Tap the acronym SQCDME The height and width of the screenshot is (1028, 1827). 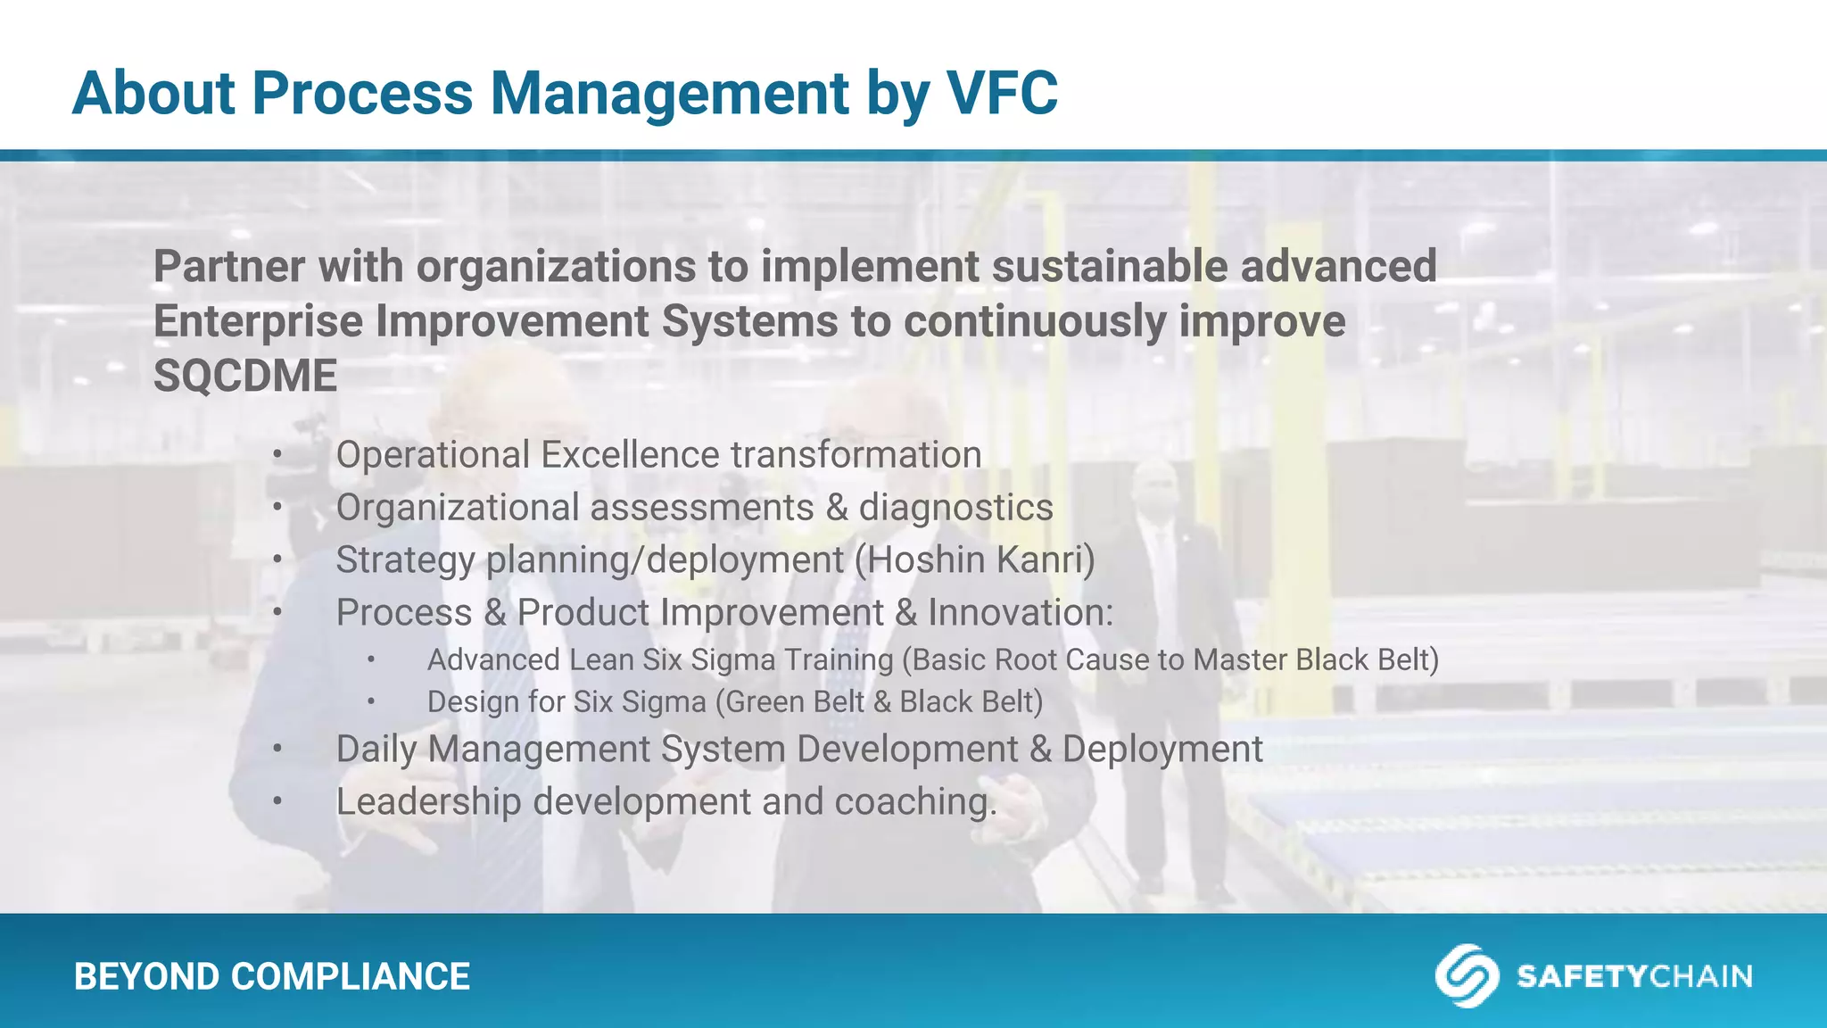(x=245, y=376)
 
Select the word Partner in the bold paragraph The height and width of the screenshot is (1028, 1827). (x=228, y=266)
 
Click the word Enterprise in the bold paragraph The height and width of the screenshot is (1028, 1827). (x=258, y=321)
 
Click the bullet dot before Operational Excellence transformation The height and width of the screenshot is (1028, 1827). (x=277, y=456)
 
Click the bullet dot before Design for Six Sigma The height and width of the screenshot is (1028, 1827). (x=370, y=702)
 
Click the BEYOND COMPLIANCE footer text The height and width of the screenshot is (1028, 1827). (x=272, y=976)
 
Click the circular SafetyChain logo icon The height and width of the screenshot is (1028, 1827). (x=1466, y=975)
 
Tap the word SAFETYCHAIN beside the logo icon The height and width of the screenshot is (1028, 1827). (x=1633, y=976)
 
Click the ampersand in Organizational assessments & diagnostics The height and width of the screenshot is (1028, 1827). (x=836, y=508)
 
